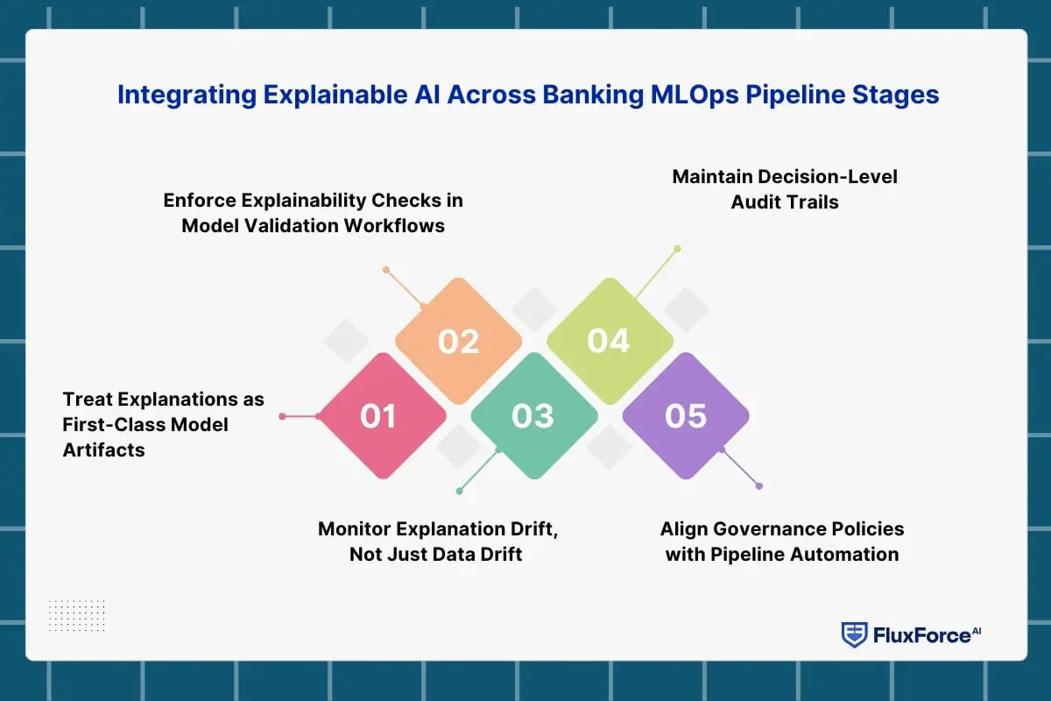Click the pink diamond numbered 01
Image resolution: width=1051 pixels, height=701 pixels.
pyautogui.click(x=379, y=416)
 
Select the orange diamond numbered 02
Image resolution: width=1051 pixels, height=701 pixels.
pyautogui.click(x=458, y=341)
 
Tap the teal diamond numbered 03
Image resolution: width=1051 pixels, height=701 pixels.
pyautogui.click(x=533, y=416)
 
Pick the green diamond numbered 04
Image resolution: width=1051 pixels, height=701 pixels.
pyautogui.click(x=609, y=341)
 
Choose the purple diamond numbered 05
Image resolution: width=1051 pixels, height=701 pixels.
pyautogui.click(x=685, y=416)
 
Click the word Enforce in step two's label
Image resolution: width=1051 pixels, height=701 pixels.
pyautogui.click(x=199, y=200)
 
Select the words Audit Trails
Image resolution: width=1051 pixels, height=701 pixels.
pyautogui.click(x=785, y=202)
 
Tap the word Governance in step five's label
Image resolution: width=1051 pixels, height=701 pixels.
pyautogui.click(x=751, y=528)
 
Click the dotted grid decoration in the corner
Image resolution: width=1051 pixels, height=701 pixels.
pyautogui.click(x=77, y=616)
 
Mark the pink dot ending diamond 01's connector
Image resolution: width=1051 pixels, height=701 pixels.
pyautogui.click(x=282, y=416)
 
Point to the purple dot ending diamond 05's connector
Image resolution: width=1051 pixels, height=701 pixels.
pyautogui.click(x=759, y=485)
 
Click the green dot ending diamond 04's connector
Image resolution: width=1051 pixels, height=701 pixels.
pyautogui.click(x=677, y=248)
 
